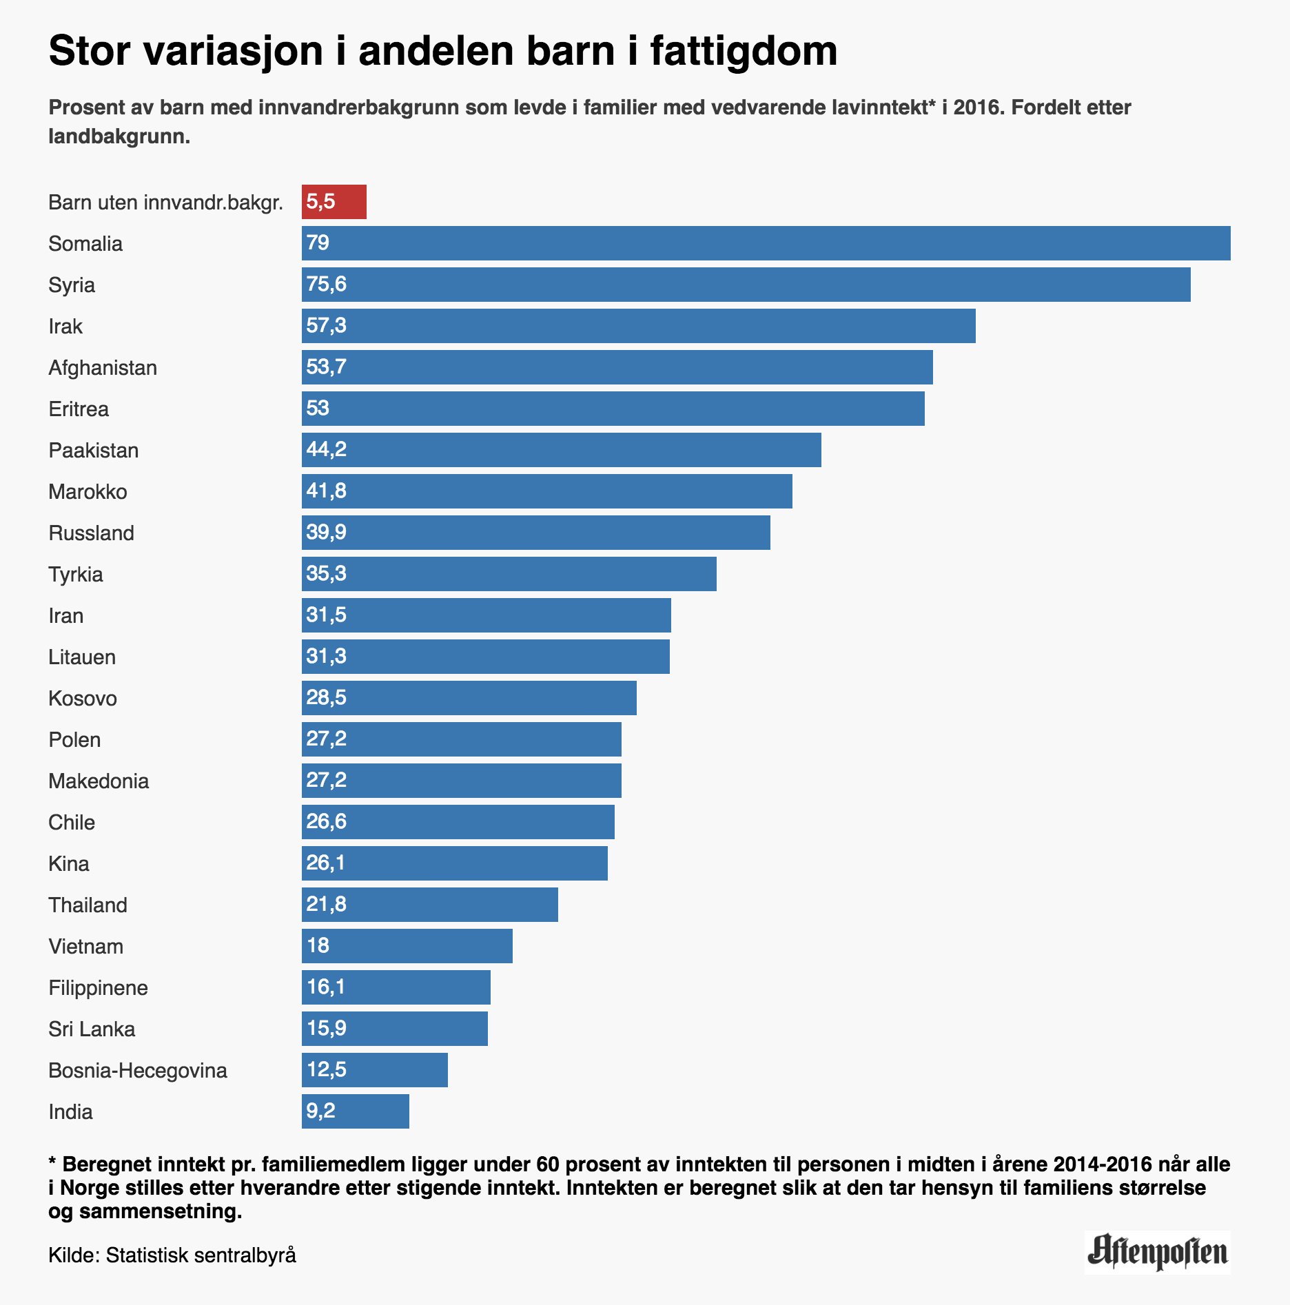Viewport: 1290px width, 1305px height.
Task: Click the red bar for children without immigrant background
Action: [x=334, y=202]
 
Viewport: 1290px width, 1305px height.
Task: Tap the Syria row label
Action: [x=72, y=285]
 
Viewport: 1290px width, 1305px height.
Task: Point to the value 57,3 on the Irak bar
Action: [x=326, y=326]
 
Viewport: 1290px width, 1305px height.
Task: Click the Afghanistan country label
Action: [x=103, y=368]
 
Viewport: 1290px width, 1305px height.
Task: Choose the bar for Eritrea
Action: [x=613, y=409]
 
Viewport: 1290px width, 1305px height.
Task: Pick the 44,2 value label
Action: [x=326, y=450]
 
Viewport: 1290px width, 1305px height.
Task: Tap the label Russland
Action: [x=91, y=533]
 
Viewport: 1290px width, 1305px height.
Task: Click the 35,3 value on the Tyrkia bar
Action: [x=326, y=574]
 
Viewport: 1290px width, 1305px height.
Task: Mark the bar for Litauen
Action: [x=486, y=657]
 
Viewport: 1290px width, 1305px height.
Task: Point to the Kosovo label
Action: [x=83, y=699]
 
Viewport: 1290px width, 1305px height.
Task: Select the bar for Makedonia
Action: [x=462, y=781]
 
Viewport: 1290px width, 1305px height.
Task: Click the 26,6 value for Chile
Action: [x=326, y=822]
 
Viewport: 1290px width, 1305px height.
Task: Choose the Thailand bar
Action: [x=430, y=905]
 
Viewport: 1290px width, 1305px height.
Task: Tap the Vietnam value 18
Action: [x=318, y=946]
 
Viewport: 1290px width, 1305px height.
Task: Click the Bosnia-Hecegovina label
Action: [x=138, y=1071]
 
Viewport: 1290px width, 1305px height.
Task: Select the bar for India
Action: [x=356, y=1111]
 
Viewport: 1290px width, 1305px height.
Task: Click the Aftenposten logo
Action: [x=1157, y=1252]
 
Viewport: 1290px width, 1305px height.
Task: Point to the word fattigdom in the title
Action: [x=744, y=51]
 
